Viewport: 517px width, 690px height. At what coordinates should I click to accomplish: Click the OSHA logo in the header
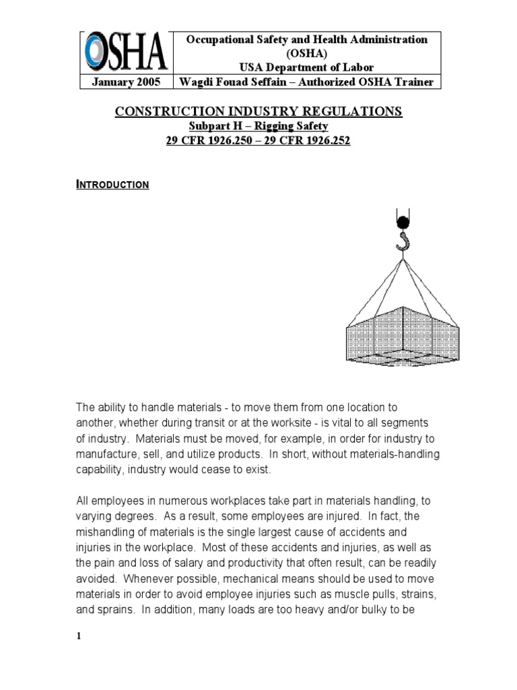(125, 52)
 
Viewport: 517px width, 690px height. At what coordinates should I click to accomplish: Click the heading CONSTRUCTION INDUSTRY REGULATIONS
(259, 111)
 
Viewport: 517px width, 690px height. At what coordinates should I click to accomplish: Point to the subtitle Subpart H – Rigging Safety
(259, 127)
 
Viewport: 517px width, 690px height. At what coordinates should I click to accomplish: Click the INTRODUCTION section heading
(112, 184)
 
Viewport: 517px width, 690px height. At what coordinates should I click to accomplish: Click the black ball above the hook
(403, 222)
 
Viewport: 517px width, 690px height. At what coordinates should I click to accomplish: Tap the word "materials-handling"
(397, 454)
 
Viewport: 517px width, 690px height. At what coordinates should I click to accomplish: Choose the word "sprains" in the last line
(115, 610)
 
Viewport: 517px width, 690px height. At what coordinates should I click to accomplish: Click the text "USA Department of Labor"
(306, 67)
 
